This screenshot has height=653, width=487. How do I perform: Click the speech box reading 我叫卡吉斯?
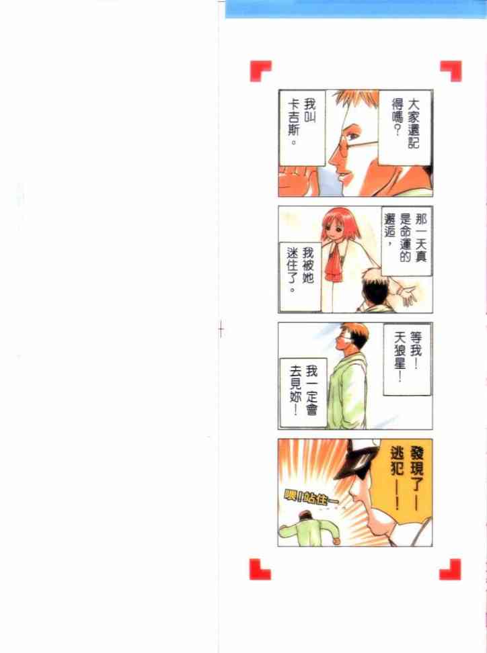[302, 128]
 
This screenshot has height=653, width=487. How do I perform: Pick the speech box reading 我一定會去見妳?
[303, 392]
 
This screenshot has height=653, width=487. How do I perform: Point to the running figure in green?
[309, 529]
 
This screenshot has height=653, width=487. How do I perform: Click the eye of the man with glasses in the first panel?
[352, 134]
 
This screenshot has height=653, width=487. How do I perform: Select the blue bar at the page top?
[356, 9]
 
